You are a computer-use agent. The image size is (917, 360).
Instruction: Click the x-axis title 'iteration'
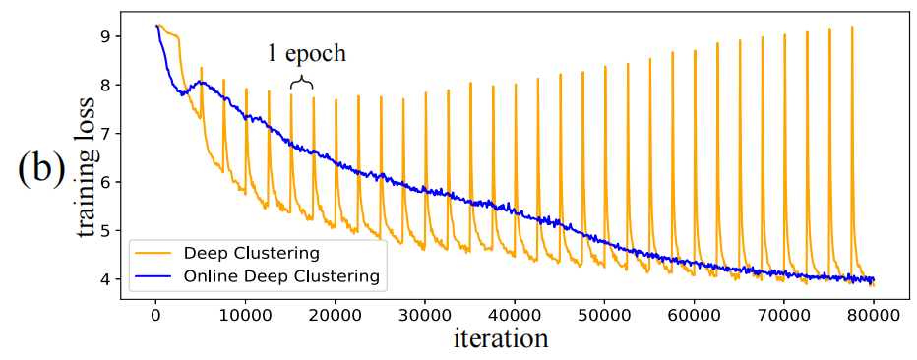point(500,339)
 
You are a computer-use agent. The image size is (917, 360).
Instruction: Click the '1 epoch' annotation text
point(306,54)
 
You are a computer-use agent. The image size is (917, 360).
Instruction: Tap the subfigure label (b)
point(40,168)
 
